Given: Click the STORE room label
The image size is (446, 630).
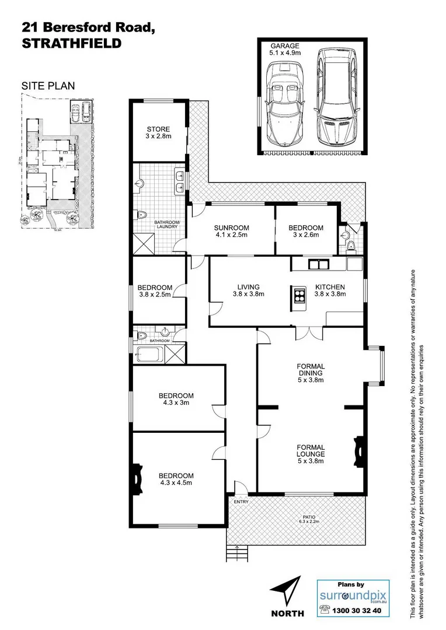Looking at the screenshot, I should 158,133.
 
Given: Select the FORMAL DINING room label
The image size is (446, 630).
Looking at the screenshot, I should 310,370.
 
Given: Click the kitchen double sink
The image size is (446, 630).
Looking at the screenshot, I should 319,264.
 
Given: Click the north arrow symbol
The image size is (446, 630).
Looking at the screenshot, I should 288,589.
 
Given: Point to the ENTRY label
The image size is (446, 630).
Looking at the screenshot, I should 240,501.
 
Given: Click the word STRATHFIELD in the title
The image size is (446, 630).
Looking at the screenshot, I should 72,43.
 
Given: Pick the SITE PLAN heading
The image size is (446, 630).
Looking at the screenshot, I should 48,86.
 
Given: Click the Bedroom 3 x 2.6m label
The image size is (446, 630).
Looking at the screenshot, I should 306,232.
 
